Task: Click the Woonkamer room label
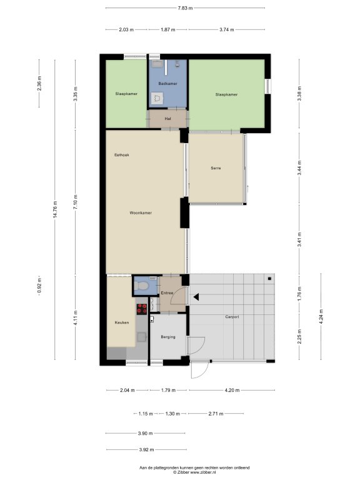click(141, 212)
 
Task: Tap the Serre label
click(216, 168)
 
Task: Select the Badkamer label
click(167, 84)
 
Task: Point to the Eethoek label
click(121, 155)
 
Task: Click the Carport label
click(232, 317)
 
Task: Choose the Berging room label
click(168, 337)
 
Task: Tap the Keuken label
click(121, 322)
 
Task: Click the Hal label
click(167, 119)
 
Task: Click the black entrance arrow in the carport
click(196, 297)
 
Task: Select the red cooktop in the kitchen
click(142, 309)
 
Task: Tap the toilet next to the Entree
click(142, 286)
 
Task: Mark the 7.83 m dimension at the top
click(185, 8)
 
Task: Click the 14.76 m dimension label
click(55, 209)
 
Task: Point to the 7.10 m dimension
click(75, 202)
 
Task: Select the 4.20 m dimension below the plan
click(232, 390)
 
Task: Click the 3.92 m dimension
click(146, 450)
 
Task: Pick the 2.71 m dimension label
click(216, 414)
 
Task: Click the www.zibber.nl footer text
click(203, 472)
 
